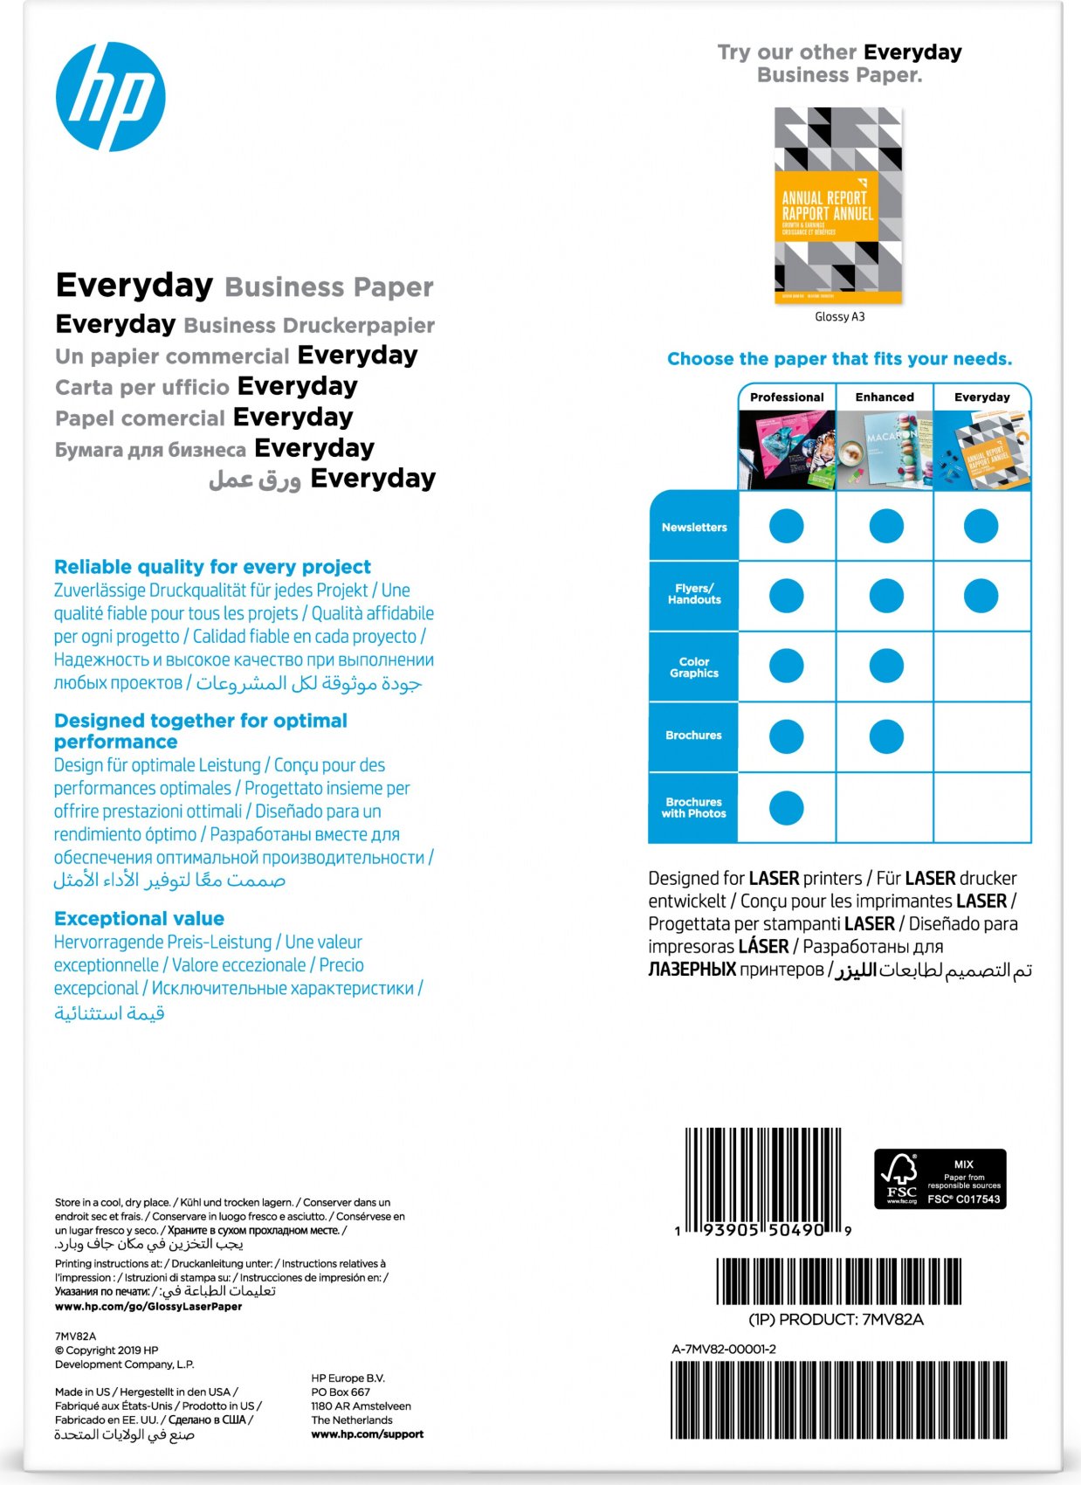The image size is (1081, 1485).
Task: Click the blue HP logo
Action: tap(111, 96)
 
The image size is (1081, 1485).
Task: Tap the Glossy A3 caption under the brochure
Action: tap(839, 317)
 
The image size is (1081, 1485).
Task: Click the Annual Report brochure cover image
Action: tap(838, 205)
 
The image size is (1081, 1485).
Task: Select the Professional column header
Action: tap(787, 397)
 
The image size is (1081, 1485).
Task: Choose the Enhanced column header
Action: tap(885, 397)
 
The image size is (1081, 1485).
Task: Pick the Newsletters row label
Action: tap(694, 528)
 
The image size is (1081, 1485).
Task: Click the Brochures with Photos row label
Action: tap(694, 808)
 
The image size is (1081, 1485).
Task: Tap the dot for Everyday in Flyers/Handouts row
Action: tap(981, 597)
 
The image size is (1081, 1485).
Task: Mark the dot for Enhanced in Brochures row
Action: tap(886, 736)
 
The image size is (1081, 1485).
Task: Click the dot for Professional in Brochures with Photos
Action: tap(786, 808)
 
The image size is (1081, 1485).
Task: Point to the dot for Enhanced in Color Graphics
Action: tap(886, 666)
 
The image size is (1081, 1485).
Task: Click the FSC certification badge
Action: tap(940, 1179)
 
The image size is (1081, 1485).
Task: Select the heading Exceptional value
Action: tap(139, 919)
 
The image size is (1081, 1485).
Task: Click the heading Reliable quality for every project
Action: tap(212, 567)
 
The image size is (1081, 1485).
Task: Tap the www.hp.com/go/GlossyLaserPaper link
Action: tap(148, 1307)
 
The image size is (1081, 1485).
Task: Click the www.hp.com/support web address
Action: tap(367, 1434)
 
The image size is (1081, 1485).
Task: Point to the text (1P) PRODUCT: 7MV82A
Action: tap(836, 1320)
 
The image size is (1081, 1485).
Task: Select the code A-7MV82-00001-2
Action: tap(724, 1350)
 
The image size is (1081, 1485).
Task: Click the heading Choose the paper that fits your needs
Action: tap(839, 359)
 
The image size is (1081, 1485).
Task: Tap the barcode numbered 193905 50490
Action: tap(763, 1179)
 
